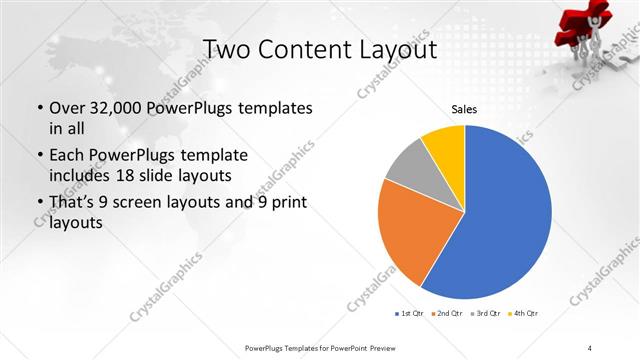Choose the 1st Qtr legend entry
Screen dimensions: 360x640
[x=411, y=314]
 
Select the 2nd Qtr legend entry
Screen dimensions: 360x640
[x=447, y=314]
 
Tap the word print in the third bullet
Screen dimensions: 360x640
[x=287, y=204]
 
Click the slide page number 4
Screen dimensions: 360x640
[x=591, y=347]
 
